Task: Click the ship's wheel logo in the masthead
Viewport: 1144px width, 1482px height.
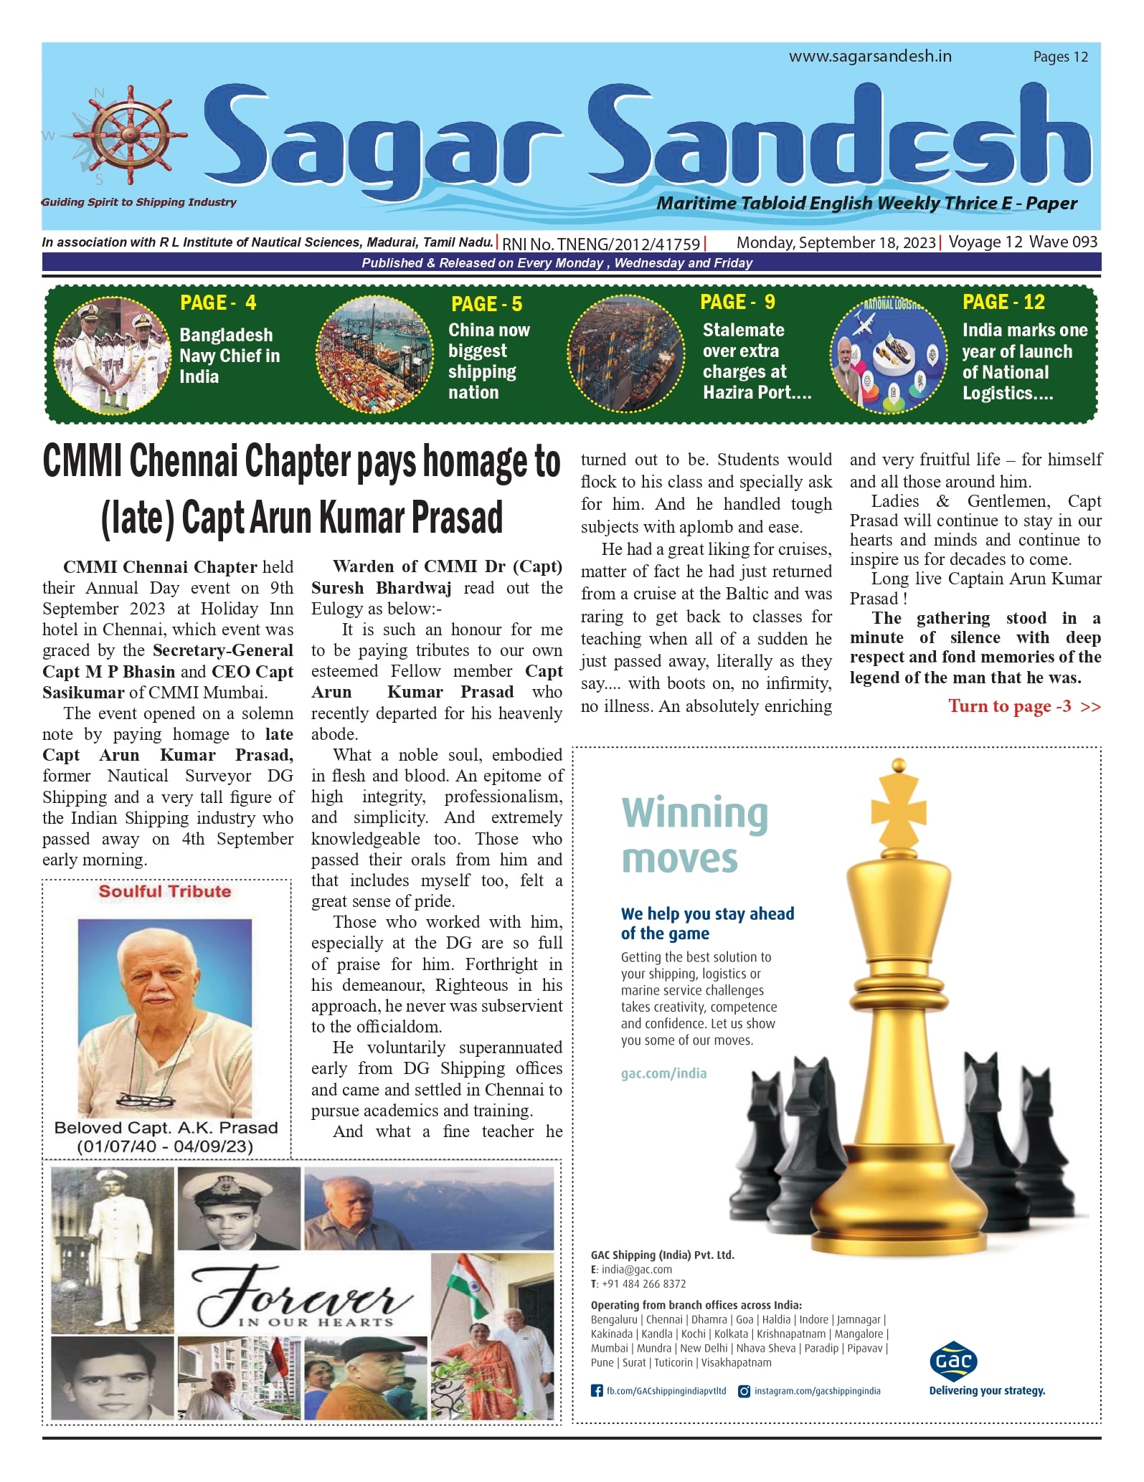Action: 130,136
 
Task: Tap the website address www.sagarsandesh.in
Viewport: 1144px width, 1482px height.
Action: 870,57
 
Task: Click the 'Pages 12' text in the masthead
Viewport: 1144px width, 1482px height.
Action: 1060,57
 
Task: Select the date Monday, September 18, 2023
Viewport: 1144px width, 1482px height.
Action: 836,243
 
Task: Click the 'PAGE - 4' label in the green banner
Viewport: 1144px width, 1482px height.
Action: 218,303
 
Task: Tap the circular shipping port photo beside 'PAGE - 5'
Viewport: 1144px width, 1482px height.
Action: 375,355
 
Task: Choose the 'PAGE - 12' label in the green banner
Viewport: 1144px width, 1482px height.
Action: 1003,303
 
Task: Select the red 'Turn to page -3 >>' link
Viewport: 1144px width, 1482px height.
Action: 1024,707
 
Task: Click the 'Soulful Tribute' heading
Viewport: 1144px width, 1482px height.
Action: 165,892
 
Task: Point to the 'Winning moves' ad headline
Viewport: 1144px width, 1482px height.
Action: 694,836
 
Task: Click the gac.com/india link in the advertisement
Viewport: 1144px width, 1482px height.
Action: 663,1073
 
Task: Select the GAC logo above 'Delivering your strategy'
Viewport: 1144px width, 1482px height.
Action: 953,1360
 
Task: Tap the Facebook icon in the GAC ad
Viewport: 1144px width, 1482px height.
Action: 596,1391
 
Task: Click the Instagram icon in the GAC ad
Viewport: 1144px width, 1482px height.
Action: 744,1391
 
